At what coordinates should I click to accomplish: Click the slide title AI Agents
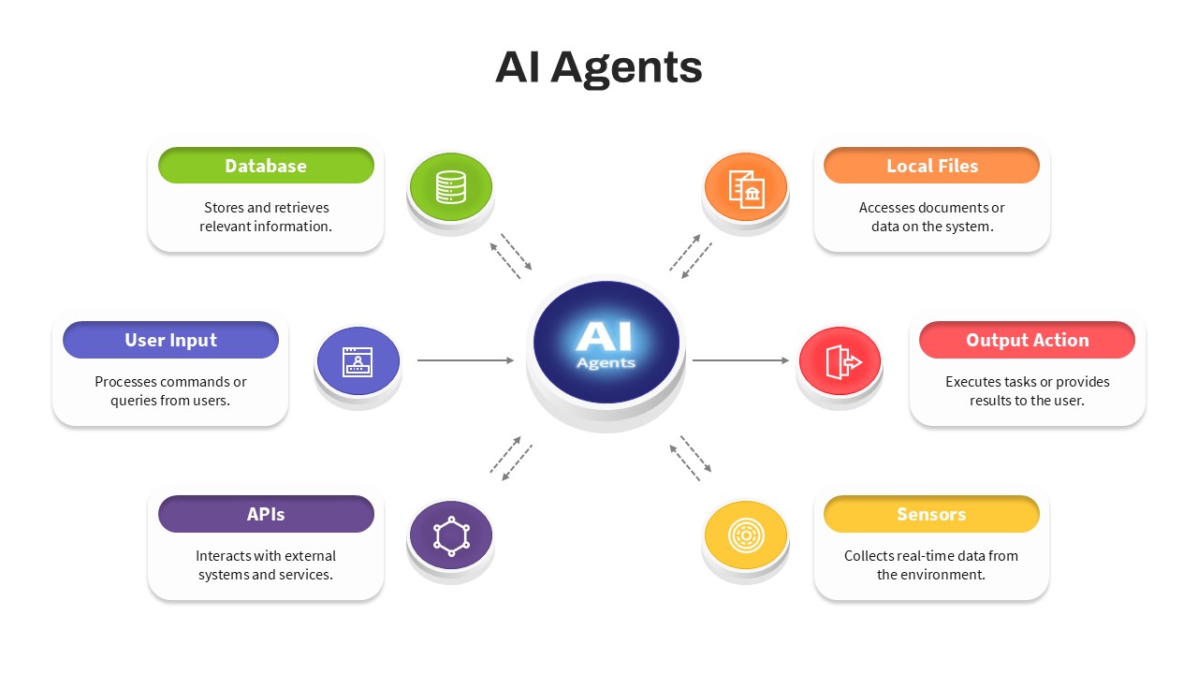(598, 67)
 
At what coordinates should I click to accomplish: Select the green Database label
(266, 166)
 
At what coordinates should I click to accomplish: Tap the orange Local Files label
(931, 166)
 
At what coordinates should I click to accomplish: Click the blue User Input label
(170, 340)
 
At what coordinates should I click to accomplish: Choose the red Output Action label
(1027, 340)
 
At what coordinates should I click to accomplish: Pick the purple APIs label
(266, 514)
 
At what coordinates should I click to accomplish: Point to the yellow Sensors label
(931, 514)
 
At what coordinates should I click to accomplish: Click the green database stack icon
(450, 187)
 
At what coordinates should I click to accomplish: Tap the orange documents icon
(746, 188)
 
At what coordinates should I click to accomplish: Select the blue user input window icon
(358, 361)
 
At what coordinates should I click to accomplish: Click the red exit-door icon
(840, 361)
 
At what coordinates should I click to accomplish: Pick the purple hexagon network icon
(450, 535)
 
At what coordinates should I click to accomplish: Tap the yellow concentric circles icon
(746, 535)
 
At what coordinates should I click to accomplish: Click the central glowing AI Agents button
(606, 344)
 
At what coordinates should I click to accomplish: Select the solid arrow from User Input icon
(465, 360)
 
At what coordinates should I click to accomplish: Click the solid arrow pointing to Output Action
(740, 360)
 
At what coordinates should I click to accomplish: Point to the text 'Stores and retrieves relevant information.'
(266, 217)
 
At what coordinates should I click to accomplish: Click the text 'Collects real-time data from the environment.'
(931, 565)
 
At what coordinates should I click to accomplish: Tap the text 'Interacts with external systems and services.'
(266, 565)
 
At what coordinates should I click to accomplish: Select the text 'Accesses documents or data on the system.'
(931, 217)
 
